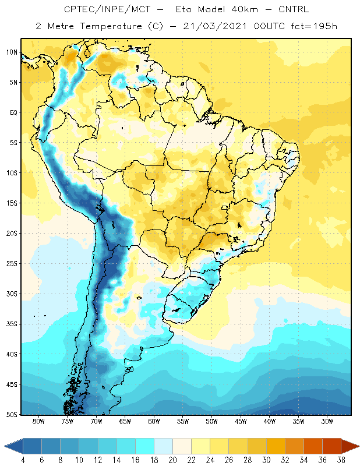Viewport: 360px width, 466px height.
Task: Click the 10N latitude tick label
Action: (x=12, y=52)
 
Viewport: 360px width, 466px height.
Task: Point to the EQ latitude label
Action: (x=13, y=112)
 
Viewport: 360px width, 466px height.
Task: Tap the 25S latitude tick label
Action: (x=12, y=264)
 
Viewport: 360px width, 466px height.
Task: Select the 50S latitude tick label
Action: (x=12, y=414)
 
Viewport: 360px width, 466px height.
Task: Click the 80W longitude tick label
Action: (x=38, y=421)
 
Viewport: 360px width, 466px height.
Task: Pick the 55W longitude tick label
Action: (x=183, y=421)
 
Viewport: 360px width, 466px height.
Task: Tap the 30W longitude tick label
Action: (x=327, y=421)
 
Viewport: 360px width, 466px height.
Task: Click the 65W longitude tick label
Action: (x=125, y=421)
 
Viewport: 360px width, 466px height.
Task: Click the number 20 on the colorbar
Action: (x=172, y=460)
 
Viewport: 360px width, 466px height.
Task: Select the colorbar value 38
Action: (x=341, y=460)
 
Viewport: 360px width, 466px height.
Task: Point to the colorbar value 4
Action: (x=23, y=460)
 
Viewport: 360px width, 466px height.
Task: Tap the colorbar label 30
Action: (x=266, y=460)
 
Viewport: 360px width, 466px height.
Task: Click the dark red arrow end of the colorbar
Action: (x=350, y=446)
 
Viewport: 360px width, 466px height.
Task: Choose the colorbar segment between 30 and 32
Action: (x=276, y=446)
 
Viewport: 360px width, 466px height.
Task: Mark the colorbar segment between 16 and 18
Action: (x=145, y=446)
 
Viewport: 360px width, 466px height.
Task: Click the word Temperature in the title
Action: (x=111, y=26)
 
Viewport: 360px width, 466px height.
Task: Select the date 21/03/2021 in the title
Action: (x=215, y=26)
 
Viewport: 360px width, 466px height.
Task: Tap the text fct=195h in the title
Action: (x=314, y=26)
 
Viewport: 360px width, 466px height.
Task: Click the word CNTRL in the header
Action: (x=294, y=9)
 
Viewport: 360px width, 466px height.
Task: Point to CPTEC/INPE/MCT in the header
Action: (x=107, y=9)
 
